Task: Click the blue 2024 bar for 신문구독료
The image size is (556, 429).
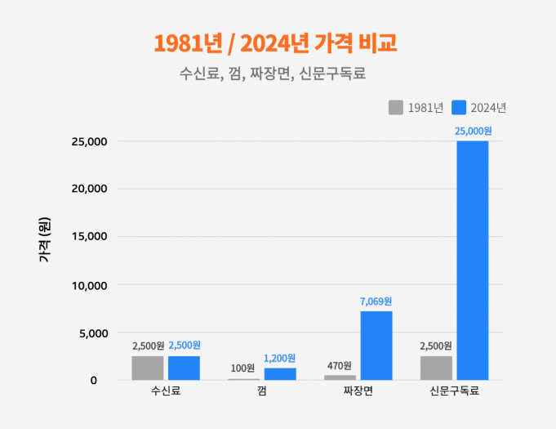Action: coord(472,260)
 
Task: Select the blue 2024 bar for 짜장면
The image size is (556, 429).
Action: coord(376,346)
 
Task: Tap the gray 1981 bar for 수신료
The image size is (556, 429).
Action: coord(147,368)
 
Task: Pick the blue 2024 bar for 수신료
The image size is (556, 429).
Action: coord(184,368)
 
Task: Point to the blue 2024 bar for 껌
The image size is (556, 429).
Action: coord(280,374)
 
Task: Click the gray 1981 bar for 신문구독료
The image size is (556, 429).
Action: coord(436,368)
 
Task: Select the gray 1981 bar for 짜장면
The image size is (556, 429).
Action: coord(340,378)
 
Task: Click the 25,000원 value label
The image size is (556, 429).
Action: coord(472,131)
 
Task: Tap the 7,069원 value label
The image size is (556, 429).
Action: coord(376,302)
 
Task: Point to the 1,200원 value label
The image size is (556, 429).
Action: coord(280,358)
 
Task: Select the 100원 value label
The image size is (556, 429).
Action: coord(243,368)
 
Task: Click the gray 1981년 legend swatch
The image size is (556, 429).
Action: coord(396,107)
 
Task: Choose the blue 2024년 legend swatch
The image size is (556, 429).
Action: coord(459,107)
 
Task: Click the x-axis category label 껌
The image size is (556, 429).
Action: coord(261,391)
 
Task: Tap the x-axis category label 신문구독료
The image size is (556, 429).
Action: coord(454,391)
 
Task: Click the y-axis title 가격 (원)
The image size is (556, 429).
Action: coord(44,240)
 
